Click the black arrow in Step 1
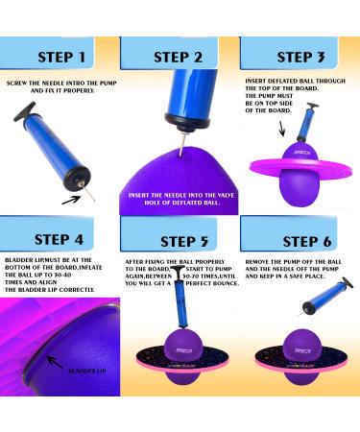[73, 200]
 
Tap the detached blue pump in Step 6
[324, 297]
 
